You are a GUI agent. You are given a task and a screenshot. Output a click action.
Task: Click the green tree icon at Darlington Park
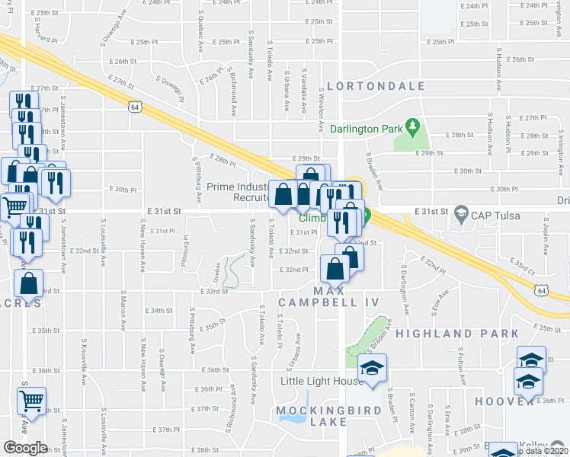[412, 124]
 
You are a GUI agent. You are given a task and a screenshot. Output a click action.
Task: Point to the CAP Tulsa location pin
[460, 211]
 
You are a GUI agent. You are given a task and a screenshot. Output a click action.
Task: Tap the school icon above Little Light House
[373, 369]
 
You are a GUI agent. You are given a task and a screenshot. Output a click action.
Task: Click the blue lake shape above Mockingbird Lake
[306, 401]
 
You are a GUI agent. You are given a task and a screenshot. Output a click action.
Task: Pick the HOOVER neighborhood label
[501, 401]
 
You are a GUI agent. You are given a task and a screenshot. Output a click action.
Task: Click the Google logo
[25, 447]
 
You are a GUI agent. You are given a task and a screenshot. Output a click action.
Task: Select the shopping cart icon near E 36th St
[31, 399]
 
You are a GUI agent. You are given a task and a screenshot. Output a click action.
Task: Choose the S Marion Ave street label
[123, 315]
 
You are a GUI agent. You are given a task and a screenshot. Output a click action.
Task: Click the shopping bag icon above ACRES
[29, 283]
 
